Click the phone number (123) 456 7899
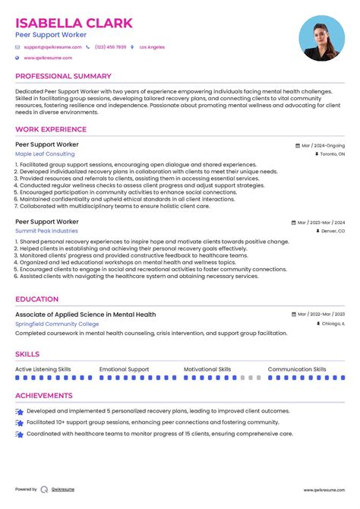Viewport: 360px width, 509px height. [x=110, y=47]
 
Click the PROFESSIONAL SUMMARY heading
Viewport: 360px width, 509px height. [x=63, y=76]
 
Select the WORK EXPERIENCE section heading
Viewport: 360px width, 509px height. [x=51, y=129]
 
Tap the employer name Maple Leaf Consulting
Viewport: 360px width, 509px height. [x=45, y=153]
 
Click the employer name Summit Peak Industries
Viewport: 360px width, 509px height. [x=46, y=230]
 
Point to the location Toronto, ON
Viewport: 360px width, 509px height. [x=331, y=153]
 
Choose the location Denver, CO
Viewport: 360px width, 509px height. [x=332, y=230]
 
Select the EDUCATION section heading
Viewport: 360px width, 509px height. [x=36, y=299]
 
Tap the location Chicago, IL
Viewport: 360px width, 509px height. [x=332, y=324]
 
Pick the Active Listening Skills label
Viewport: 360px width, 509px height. [x=43, y=369]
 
